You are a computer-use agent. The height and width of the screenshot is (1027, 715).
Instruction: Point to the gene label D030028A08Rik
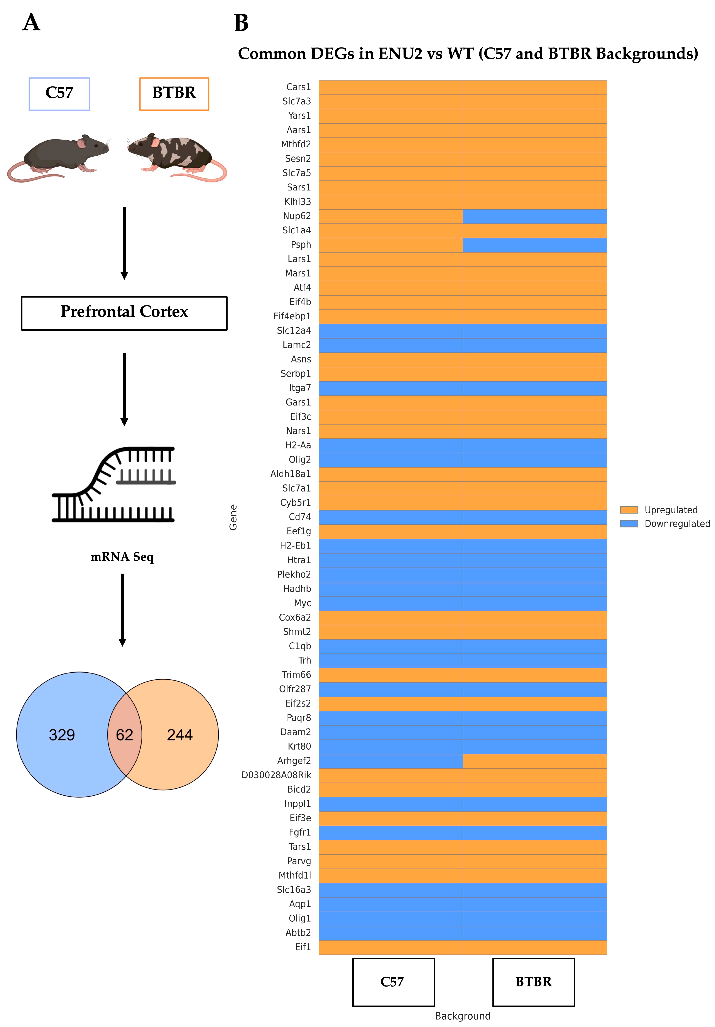click(276, 775)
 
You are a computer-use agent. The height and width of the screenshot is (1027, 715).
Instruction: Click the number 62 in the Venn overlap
click(124, 735)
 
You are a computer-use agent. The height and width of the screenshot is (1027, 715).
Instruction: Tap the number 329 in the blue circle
click(62, 735)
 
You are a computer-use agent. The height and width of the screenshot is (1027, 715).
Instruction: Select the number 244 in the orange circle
click(179, 735)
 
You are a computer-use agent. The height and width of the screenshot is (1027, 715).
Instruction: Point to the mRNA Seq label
click(122, 557)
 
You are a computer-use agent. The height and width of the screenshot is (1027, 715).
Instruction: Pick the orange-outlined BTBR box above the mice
click(174, 94)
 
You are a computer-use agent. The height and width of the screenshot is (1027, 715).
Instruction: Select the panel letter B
click(241, 23)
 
